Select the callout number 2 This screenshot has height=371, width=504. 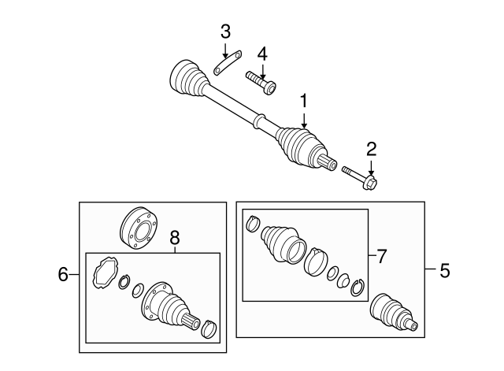point(371,149)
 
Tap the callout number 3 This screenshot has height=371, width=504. point(225,32)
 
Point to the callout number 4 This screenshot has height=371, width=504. point(261,54)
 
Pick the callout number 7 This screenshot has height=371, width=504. point(381,256)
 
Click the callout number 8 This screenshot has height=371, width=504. point(175,236)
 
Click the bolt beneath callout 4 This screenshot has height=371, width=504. point(260,82)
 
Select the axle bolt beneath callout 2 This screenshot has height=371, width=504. point(361,176)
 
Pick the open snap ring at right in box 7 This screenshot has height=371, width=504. point(358,288)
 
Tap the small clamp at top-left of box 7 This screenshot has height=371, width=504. point(254,223)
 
